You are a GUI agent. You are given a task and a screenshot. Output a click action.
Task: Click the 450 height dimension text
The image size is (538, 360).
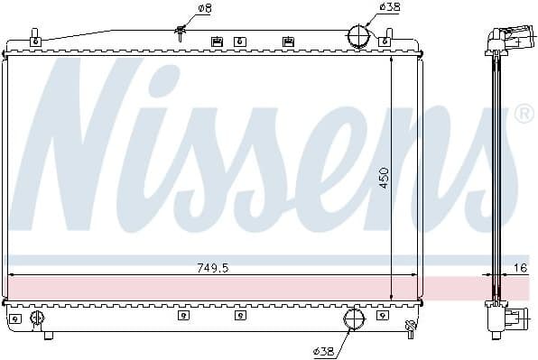pos(384,176)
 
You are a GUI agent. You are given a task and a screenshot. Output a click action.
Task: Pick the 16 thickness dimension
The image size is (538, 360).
pos(520,267)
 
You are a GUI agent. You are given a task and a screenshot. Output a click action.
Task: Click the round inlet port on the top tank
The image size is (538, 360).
pos(359,36)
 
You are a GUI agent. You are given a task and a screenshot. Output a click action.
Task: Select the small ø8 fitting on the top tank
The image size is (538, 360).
pos(181,34)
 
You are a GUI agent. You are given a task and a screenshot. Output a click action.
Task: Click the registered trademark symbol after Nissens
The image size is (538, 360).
pos(523,115)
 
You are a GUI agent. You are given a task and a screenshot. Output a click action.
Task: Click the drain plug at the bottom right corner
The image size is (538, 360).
pos(411,325)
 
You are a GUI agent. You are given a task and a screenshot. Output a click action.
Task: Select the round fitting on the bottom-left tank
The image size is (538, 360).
pos(37,318)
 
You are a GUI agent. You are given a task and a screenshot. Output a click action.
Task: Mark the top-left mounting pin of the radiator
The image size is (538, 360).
pos(35,39)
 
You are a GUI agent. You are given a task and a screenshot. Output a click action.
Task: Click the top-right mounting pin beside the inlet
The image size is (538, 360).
pos(388,39)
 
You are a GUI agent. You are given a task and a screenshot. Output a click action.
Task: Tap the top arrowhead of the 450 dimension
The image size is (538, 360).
pos(391,61)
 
